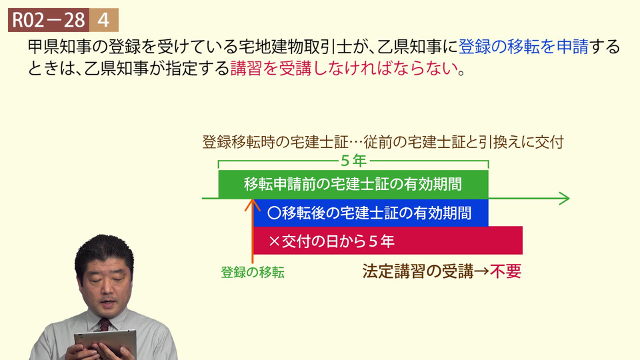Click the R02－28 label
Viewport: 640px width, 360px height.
pos(48,20)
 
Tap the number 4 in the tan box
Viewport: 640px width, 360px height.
pos(104,20)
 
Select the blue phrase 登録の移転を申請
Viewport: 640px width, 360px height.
pos(523,47)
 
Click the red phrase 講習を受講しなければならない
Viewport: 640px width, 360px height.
pos(344,68)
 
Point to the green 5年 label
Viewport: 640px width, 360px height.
pos(353,161)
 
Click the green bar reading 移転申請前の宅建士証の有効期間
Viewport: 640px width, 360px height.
pos(353,184)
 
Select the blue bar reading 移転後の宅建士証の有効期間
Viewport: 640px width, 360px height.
pos(371,213)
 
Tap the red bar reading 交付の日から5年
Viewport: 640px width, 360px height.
pos(388,241)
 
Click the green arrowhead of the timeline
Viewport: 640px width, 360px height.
pos(565,199)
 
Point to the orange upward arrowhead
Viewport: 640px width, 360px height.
pos(253,205)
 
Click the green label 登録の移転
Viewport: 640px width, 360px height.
pos(253,272)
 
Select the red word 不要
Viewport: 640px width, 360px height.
pos(506,271)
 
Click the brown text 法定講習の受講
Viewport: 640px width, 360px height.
pos(418,271)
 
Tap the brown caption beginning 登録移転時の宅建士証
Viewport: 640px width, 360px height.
pos(383,142)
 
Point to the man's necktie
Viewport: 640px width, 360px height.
pos(105,325)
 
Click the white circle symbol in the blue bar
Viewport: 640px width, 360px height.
pos(274,213)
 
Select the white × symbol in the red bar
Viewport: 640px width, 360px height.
pos(275,241)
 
